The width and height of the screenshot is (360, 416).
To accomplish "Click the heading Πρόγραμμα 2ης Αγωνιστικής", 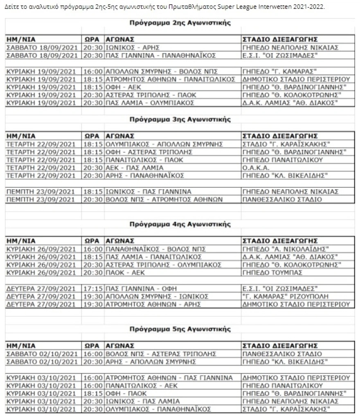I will click(x=180, y=23).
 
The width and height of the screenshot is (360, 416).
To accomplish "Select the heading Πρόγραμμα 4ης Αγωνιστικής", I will click(x=180, y=225).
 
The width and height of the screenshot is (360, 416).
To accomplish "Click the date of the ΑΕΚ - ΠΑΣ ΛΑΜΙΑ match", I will click(x=41, y=168).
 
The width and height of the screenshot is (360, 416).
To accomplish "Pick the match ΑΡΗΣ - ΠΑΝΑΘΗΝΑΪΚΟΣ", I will click(x=145, y=175).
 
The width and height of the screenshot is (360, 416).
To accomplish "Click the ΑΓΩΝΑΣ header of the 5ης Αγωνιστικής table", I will click(x=119, y=346).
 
